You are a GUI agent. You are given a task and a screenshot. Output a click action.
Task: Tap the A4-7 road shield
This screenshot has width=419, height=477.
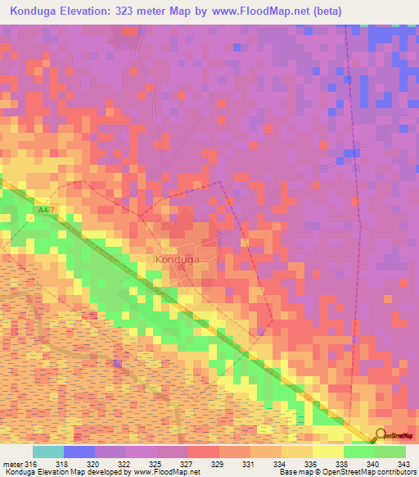click(47, 211)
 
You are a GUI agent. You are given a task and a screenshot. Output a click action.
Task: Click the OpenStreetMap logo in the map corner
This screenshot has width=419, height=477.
click(394, 435)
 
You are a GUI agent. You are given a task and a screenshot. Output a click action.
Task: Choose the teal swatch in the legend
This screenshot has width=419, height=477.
click(48, 451)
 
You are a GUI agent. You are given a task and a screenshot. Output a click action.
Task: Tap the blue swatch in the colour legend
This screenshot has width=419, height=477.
click(79, 451)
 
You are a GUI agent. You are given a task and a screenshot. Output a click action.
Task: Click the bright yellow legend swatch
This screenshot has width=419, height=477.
click(328, 451)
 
